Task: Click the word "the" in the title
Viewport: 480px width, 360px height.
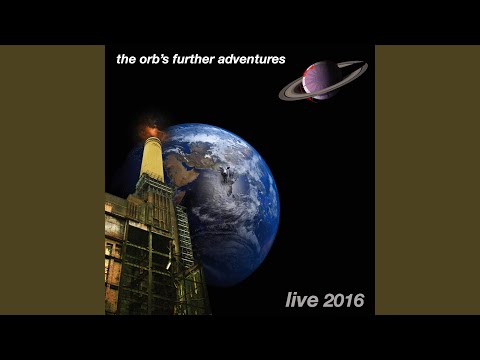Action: tap(127, 60)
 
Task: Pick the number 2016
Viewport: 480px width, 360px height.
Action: tap(342, 300)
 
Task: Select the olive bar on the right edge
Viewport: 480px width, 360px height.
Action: tap(427, 180)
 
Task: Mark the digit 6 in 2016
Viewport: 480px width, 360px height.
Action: tap(357, 300)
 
